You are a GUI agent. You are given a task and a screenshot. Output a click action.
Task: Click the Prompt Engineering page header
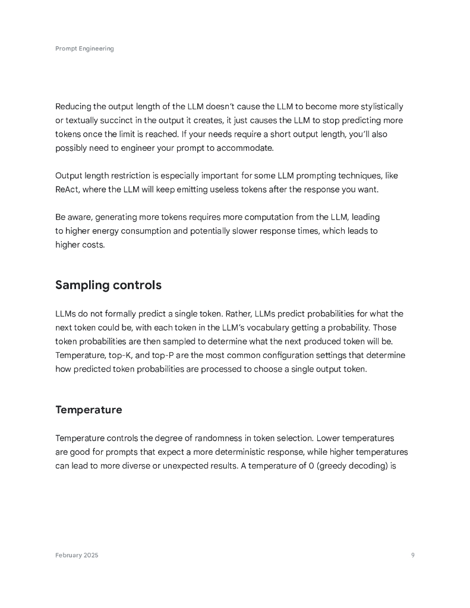click(x=84, y=49)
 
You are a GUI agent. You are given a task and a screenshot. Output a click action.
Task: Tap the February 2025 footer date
click(x=77, y=555)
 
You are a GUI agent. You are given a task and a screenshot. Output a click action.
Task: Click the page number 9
click(x=412, y=555)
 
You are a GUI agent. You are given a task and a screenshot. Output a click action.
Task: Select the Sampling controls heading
click(x=108, y=285)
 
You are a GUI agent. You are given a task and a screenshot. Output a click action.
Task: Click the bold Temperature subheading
click(x=89, y=410)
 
